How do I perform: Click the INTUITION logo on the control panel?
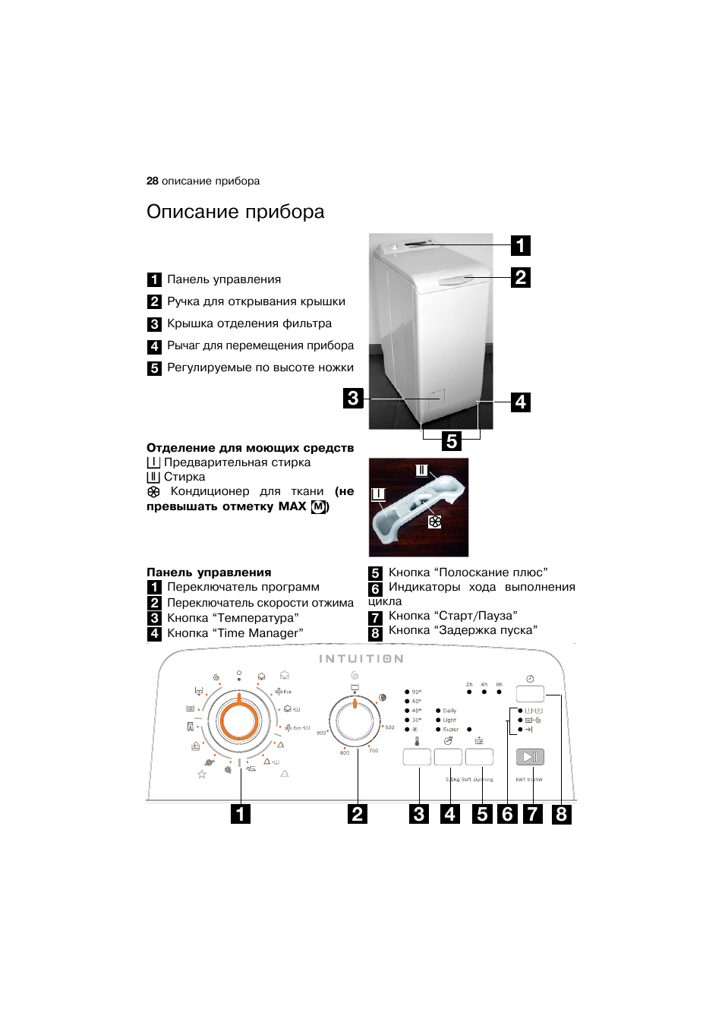(361, 659)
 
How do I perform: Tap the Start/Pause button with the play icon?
(530, 756)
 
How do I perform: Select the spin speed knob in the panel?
(355, 721)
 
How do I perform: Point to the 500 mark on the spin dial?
(389, 727)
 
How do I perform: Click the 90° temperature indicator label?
(416, 692)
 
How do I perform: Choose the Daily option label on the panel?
(449, 711)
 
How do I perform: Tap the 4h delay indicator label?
(484, 685)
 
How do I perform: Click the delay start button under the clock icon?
(530, 694)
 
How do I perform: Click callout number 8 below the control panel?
(561, 814)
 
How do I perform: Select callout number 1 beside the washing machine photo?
(520, 245)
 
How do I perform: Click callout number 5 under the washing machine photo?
(452, 441)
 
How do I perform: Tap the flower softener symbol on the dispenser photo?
(434, 522)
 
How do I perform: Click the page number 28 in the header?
(152, 181)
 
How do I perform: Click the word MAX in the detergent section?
(292, 506)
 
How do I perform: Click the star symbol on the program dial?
(202, 774)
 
